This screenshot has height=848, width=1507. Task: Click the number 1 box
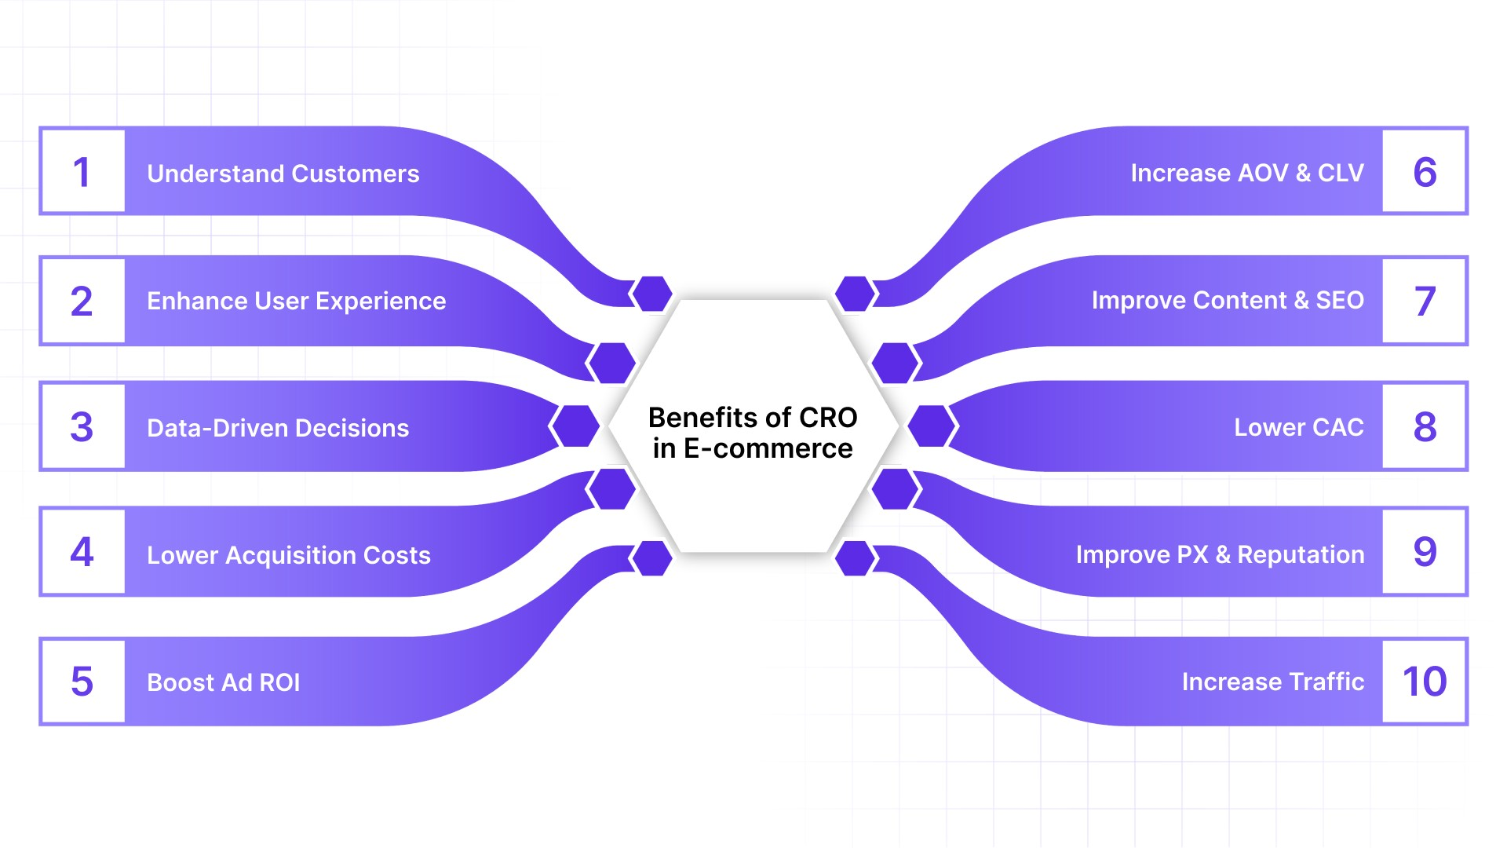[82, 172]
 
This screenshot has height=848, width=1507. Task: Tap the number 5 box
[82, 682]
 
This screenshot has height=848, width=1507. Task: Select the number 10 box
[1425, 682]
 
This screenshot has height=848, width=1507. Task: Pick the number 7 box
[1425, 301]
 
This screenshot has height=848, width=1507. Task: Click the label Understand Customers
[283, 174]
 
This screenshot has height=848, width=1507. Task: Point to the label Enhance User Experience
[297, 301]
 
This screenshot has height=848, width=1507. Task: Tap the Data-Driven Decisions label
[278, 428]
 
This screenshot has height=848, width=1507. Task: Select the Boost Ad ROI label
[224, 682]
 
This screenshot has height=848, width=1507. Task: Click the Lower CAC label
[1299, 427]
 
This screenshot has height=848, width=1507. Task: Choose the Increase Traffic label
[1273, 682]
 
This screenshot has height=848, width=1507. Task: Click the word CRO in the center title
[828, 418]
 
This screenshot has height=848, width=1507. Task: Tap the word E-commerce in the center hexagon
[768, 448]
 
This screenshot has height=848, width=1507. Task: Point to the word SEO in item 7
[1340, 300]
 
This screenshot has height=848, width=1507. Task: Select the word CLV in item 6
[1341, 173]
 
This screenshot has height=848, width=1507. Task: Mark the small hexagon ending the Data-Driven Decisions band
[575, 426]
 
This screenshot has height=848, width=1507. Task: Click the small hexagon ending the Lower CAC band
[932, 426]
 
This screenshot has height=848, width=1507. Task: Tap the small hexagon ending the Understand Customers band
[651, 294]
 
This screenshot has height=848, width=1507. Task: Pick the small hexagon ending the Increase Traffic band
[856, 558]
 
